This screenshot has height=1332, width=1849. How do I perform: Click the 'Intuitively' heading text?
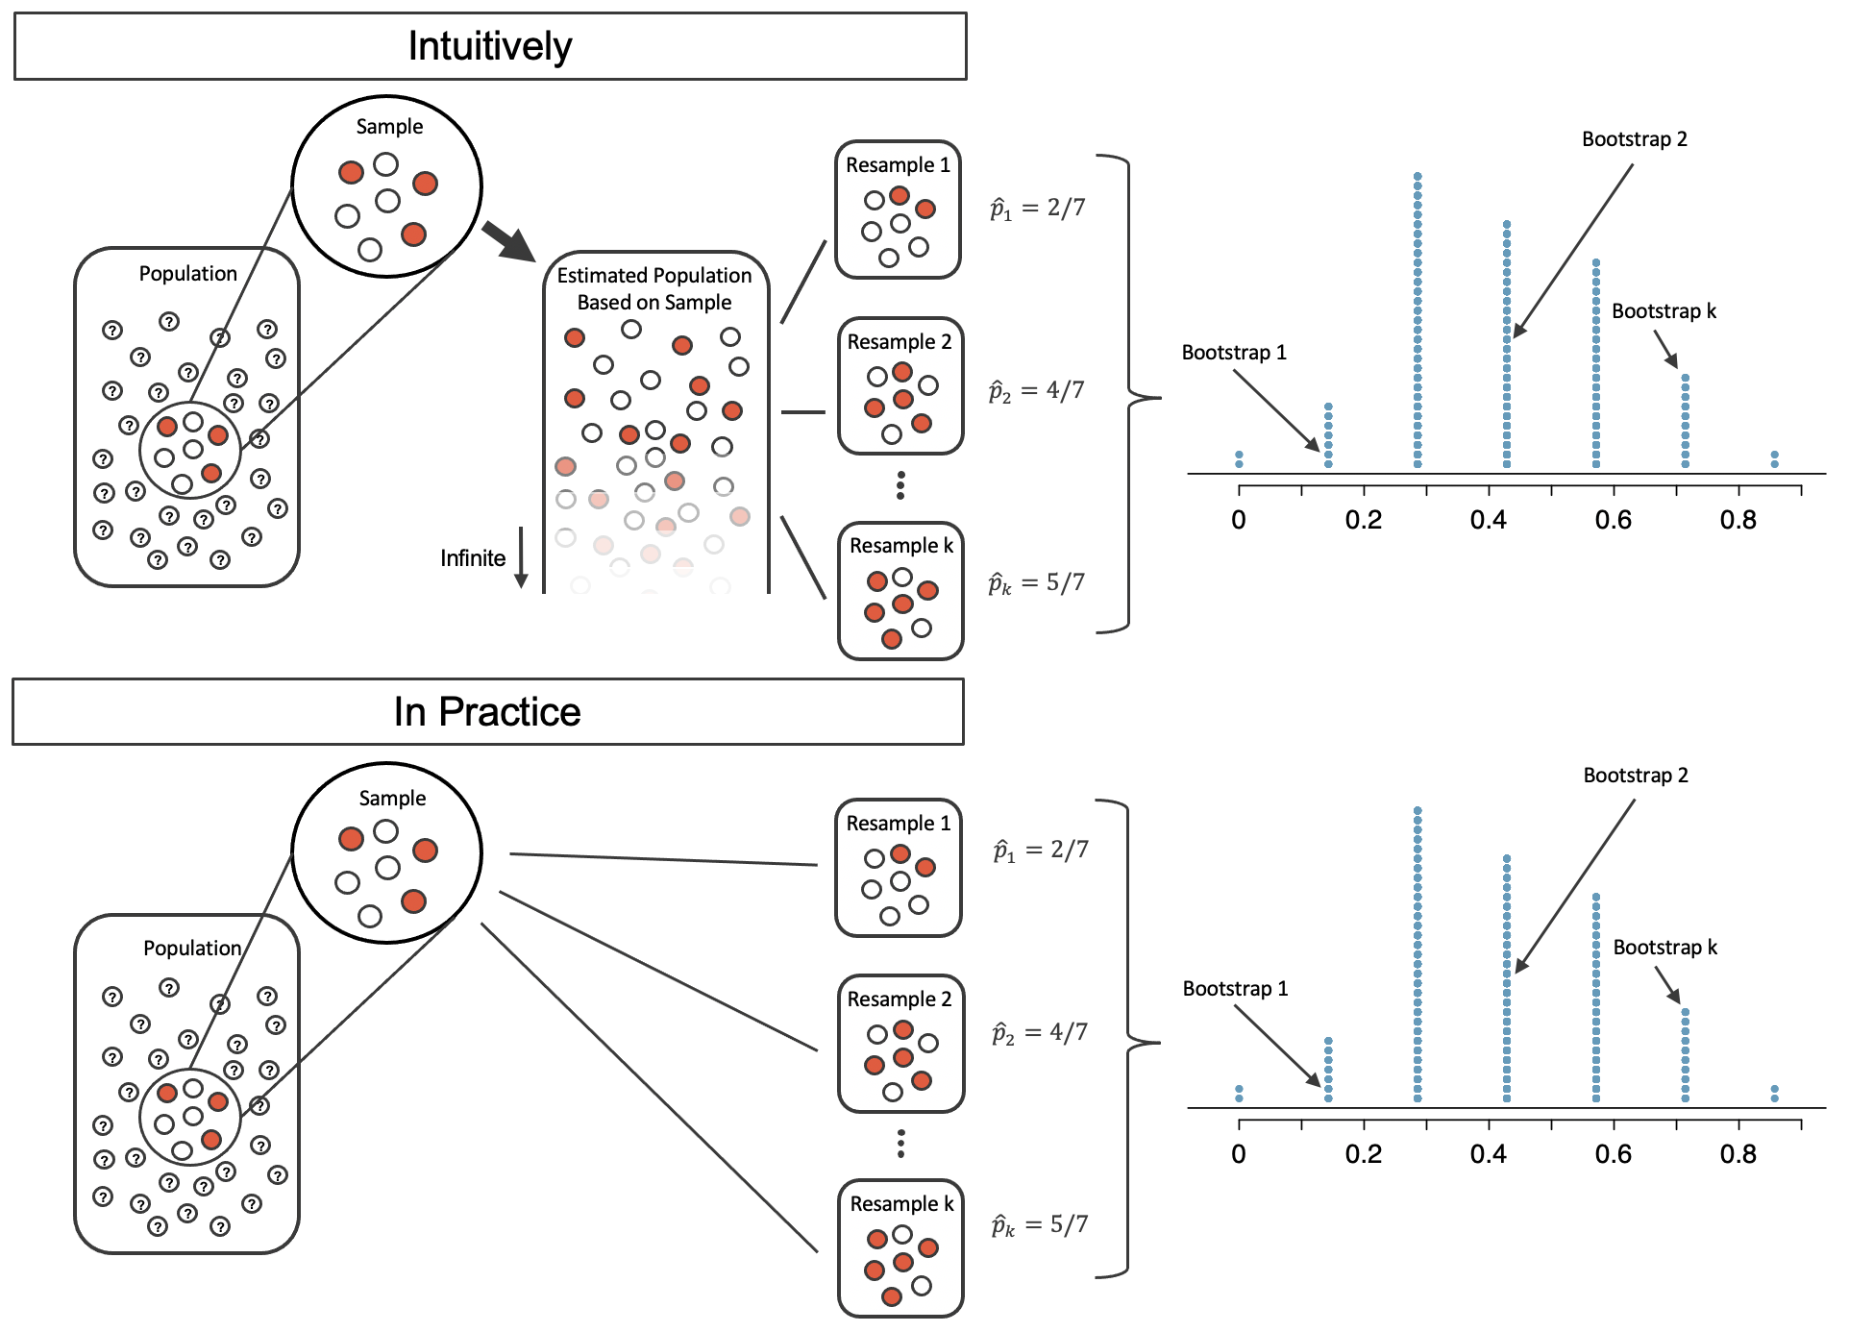(x=490, y=46)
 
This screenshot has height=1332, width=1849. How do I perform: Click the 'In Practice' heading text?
(x=487, y=712)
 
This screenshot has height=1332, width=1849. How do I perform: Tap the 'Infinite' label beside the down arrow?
(x=473, y=558)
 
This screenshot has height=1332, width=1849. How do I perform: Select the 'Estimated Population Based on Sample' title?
(x=654, y=288)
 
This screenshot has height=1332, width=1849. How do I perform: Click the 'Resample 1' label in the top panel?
(x=898, y=165)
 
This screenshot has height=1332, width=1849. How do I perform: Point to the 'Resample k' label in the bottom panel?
(x=901, y=1203)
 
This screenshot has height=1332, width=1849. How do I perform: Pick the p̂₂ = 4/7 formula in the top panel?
(x=1037, y=391)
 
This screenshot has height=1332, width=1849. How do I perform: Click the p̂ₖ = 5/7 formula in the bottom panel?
(x=1040, y=1225)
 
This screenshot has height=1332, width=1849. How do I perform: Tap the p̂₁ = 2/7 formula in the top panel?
(x=1038, y=208)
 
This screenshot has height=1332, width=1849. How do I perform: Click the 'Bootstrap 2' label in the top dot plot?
(x=1634, y=139)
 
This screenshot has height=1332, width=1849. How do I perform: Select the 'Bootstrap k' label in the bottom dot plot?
(x=1664, y=948)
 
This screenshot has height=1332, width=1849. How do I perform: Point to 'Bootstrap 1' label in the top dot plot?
(x=1234, y=353)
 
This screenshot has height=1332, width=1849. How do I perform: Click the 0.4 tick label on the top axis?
(x=1488, y=520)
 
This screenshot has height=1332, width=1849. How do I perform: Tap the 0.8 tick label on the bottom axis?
(x=1738, y=1154)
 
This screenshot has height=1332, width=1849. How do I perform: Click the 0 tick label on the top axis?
(x=1239, y=520)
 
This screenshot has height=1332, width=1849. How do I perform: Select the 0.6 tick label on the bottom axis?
(x=1613, y=1154)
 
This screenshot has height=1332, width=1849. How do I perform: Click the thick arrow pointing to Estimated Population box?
(x=508, y=242)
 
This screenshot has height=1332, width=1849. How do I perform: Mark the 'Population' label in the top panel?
(x=188, y=274)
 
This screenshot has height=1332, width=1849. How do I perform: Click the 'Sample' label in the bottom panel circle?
(x=392, y=799)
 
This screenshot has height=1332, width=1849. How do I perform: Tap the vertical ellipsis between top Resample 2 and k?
(x=900, y=485)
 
